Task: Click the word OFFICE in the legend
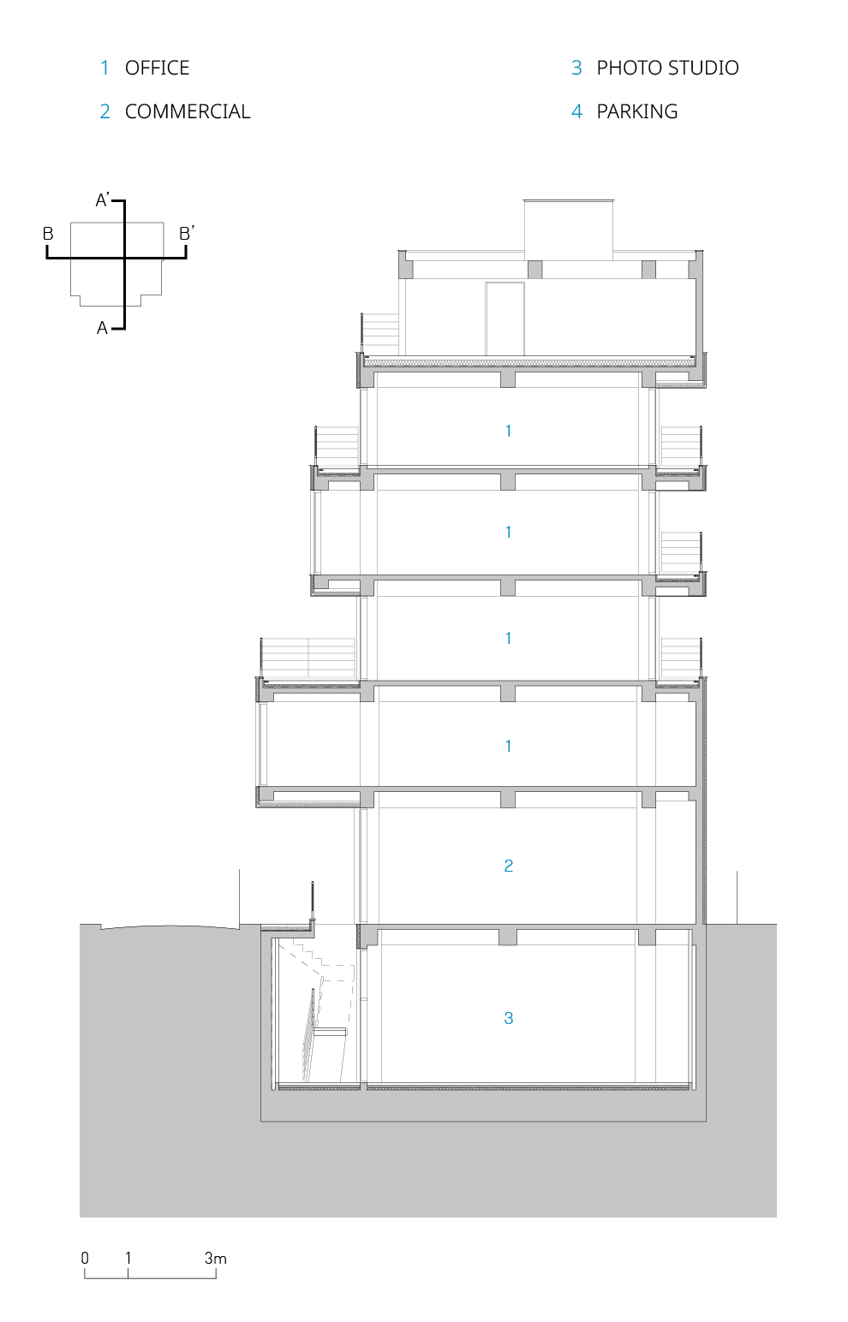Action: pos(157,68)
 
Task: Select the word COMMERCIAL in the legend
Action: pos(188,111)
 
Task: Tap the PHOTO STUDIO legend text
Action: pos(667,68)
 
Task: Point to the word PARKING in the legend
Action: pos(637,111)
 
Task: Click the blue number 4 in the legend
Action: pos(577,111)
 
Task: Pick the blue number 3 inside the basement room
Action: pos(509,1018)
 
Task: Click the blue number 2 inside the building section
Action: pos(509,866)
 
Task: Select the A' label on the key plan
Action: pos(103,200)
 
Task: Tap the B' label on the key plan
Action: pos(186,233)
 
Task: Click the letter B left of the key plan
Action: pos(49,234)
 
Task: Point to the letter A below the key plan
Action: pos(103,328)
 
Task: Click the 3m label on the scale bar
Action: pos(215,1258)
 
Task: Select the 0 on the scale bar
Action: pos(85,1258)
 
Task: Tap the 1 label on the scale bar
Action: pos(128,1258)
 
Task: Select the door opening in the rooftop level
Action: pos(505,319)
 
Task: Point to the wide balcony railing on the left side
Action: pos(308,657)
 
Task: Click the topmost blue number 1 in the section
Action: pos(509,431)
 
